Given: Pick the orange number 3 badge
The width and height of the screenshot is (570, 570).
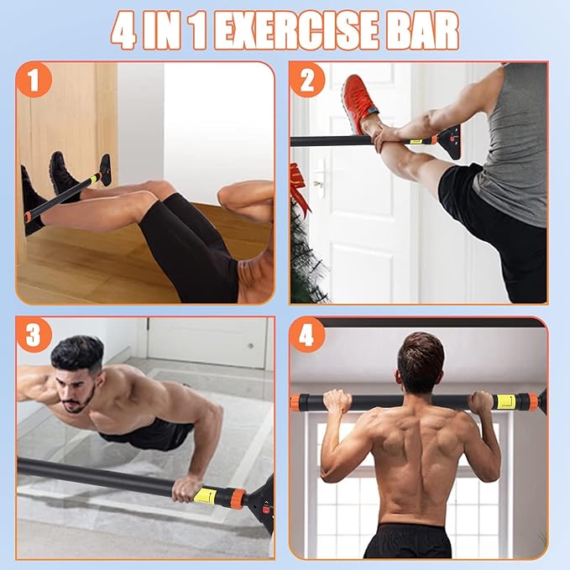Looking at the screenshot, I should pos(34,335).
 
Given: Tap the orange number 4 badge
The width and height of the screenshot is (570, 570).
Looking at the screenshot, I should pos(307,335).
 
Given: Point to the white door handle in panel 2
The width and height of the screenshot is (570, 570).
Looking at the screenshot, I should pos(318,181).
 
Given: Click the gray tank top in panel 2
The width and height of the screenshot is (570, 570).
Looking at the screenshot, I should pos(505,150).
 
